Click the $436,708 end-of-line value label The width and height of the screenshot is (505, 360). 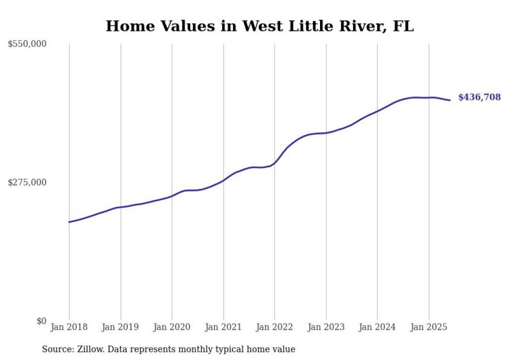pos(479,97)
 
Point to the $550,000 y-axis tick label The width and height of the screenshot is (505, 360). pos(27,44)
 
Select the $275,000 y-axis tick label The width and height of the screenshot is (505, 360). pos(27,182)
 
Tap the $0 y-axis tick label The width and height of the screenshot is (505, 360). pos(41,321)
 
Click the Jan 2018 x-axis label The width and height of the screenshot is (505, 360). pos(69,327)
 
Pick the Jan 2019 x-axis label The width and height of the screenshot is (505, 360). pos(121,327)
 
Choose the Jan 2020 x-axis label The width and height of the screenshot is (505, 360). pos(172,327)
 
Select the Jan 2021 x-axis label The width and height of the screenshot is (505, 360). pos(223,327)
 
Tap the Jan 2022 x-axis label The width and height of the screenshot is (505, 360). pos(275,327)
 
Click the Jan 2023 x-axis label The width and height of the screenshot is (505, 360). pos(326,327)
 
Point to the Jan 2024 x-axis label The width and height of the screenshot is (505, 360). pos(377,327)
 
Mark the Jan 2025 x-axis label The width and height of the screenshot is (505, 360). pos(429,327)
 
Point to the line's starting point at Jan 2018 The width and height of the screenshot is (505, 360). pos(69,222)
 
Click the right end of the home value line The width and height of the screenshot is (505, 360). pos(450,100)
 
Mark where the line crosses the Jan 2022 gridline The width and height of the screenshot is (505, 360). pos(275,163)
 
